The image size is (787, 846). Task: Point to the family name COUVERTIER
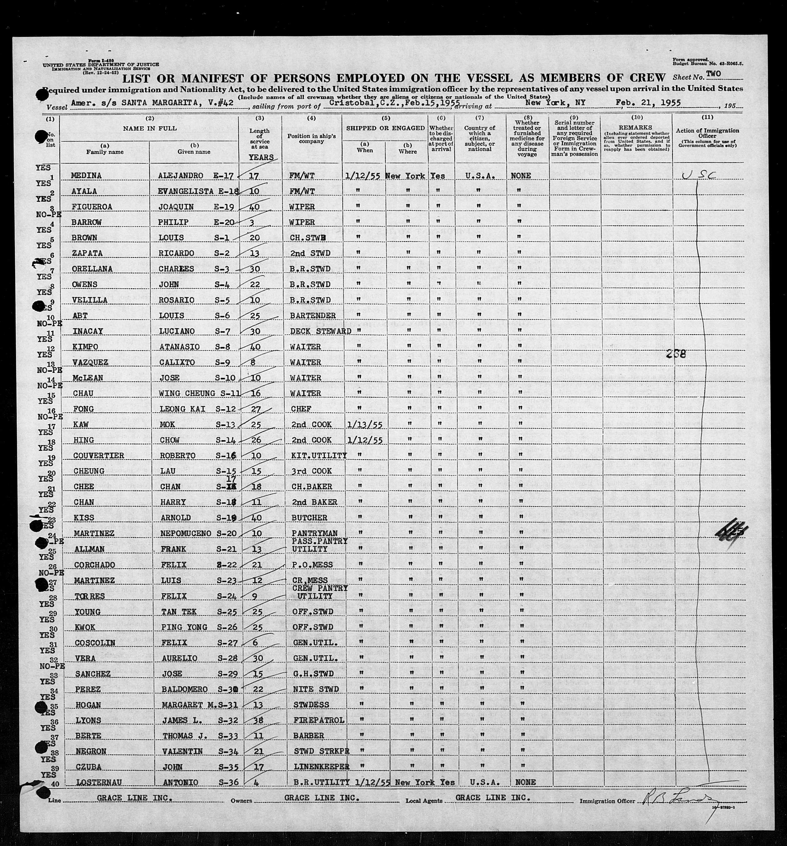pyautogui.click(x=99, y=456)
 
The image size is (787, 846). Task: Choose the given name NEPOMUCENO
pyautogui.click(x=184, y=534)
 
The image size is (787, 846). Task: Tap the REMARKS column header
pyautogui.click(x=636, y=127)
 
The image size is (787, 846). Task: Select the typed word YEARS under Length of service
pyautogui.click(x=261, y=157)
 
